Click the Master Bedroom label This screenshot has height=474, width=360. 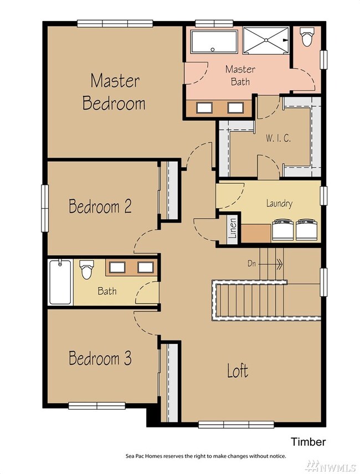point(114,92)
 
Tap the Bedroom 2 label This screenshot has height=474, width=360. point(100,206)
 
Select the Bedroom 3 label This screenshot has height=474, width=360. point(100,358)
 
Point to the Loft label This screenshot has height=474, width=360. point(238,370)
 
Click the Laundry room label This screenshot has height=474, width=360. point(279,203)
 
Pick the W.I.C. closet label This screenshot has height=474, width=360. point(278,138)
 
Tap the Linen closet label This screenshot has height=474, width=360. point(233,228)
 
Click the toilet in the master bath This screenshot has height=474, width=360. point(307,37)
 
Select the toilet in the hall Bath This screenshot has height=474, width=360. point(86,269)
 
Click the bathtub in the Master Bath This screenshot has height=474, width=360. point(215,42)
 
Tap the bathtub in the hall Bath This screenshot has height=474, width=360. point(60,282)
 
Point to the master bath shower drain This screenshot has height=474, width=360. point(266,40)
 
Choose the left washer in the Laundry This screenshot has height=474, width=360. point(282,230)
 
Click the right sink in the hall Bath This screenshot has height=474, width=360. point(146,267)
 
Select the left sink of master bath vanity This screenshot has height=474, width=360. point(204,107)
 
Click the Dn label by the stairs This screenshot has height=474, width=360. point(251,264)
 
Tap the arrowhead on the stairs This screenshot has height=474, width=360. point(280,265)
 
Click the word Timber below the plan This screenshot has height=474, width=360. point(308,442)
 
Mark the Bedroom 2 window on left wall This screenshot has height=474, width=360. point(45,208)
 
